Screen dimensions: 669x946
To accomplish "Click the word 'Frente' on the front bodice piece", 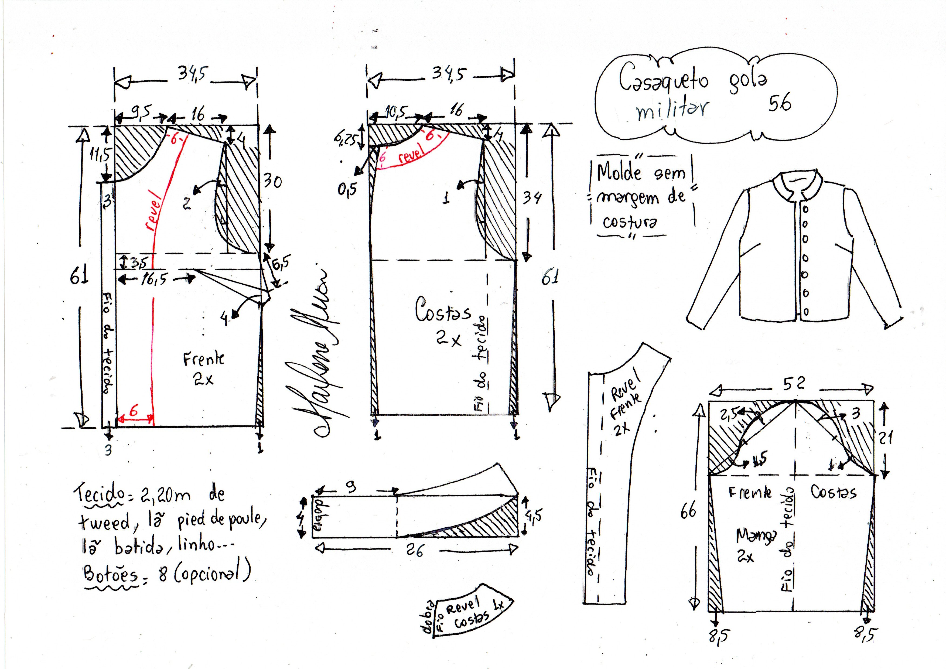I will (204, 359).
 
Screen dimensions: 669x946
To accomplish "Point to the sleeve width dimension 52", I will (794, 384).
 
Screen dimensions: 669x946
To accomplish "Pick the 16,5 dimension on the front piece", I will (155, 279).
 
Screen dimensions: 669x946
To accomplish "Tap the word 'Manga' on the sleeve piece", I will (750, 535).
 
